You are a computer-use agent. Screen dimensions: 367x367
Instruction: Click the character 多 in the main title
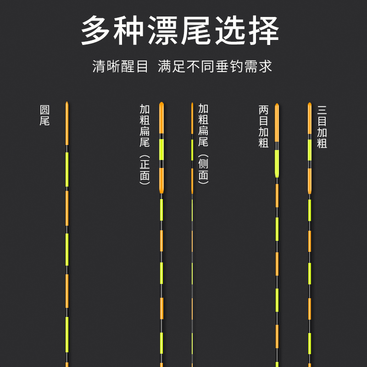pyautogui.click(x=97, y=31)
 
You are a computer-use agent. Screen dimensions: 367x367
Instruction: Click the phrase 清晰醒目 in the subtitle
pyautogui.click(x=121, y=67)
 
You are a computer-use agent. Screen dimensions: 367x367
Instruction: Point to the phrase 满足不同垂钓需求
pyautogui.click(x=215, y=67)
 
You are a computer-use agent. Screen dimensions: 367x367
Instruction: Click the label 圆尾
pyautogui.click(x=44, y=116)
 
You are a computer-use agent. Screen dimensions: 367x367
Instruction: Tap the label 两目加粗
pyautogui.click(x=263, y=127)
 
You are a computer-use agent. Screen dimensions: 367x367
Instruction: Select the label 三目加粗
pyautogui.click(x=322, y=127)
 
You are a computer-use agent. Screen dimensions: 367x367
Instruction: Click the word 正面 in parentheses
pyautogui.click(x=145, y=170)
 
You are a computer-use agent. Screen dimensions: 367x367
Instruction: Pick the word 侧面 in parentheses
pyautogui.click(x=204, y=170)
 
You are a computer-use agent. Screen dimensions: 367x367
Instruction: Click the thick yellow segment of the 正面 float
pyautogui.click(x=161, y=149)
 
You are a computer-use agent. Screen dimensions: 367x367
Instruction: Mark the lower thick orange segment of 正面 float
pyautogui.click(x=161, y=180)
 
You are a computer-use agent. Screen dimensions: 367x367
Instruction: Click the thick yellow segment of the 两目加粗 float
pyautogui.click(x=277, y=163)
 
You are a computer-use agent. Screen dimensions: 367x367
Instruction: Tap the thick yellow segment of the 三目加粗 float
pyautogui.click(x=310, y=150)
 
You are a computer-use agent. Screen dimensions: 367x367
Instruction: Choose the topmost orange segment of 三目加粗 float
pyautogui.click(x=310, y=119)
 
